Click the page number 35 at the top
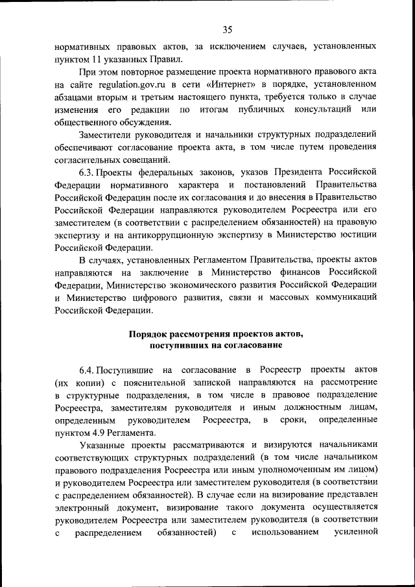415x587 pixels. click(x=227, y=29)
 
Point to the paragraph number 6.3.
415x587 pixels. click(x=87, y=172)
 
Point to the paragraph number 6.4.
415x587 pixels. click(x=87, y=370)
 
